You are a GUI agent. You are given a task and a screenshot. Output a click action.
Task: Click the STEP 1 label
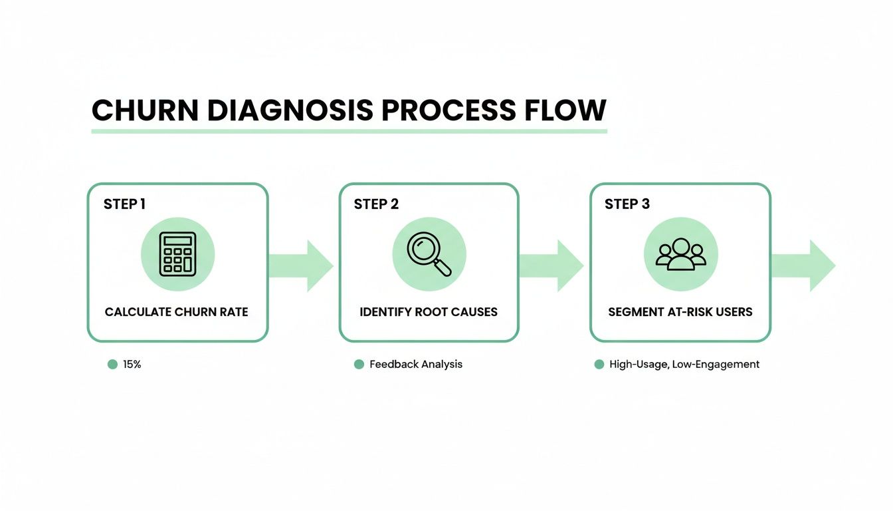click(124, 204)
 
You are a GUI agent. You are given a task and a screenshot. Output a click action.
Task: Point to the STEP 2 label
click(376, 204)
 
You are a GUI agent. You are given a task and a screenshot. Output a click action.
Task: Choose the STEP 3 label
click(627, 204)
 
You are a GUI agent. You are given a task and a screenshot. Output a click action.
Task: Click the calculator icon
click(177, 254)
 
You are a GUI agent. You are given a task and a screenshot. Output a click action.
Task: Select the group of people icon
click(680, 254)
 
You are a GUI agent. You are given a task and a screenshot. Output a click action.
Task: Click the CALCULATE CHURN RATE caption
click(177, 312)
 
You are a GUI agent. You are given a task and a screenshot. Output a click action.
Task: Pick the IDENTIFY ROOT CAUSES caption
click(429, 312)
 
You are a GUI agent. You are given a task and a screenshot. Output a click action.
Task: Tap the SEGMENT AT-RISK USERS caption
click(680, 312)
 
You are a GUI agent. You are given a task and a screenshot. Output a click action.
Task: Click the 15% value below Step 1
click(132, 365)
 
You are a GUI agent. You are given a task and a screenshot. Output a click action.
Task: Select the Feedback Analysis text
click(416, 365)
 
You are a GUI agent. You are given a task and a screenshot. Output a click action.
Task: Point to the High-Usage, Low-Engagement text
click(684, 365)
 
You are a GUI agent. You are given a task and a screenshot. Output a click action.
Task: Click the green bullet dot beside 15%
click(112, 365)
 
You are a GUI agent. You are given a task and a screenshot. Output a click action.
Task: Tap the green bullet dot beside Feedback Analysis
click(359, 365)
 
